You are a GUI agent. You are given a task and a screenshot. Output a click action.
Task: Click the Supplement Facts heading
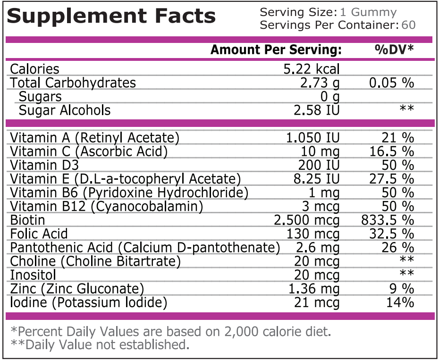[111, 17]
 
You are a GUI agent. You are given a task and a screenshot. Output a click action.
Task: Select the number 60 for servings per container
[408, 25]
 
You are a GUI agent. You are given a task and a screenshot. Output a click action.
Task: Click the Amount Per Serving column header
[276, 50]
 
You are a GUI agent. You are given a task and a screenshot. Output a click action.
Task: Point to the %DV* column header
[394, 50]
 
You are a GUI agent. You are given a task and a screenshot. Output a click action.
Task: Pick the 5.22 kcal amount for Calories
[311, 69]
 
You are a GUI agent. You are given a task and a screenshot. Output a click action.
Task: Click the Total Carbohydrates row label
[73, 83]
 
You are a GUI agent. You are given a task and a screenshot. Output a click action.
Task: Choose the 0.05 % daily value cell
[391, 83]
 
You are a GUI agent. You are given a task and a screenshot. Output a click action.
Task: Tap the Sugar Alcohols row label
[65, 110]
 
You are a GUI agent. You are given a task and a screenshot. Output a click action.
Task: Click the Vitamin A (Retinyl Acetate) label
[95, 138]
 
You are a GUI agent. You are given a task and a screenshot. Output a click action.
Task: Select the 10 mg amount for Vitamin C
[320, 151]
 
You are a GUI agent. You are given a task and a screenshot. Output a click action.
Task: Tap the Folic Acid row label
[39, 234]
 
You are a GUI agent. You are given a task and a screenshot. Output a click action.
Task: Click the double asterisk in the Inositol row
[407, 275]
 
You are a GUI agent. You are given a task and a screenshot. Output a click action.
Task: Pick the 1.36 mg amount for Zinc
[313, 288]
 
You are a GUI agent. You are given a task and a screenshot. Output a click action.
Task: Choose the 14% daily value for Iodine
[400, 302]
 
